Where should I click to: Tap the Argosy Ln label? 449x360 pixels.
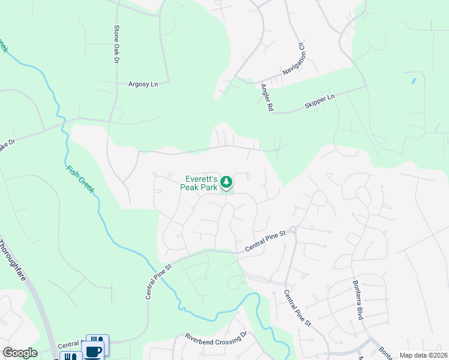143,85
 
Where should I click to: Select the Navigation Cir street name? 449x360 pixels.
294,62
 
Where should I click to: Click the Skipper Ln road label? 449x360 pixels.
319,100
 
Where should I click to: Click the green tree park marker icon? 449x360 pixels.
226,181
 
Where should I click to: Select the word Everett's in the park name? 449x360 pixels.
200,178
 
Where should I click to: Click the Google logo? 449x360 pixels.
20,353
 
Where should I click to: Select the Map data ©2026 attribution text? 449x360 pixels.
423,355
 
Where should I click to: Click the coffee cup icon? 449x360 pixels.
93,352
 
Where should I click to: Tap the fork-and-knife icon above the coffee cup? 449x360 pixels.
97,340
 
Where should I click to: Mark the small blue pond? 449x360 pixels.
413,80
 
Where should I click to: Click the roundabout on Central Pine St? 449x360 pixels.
292,229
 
